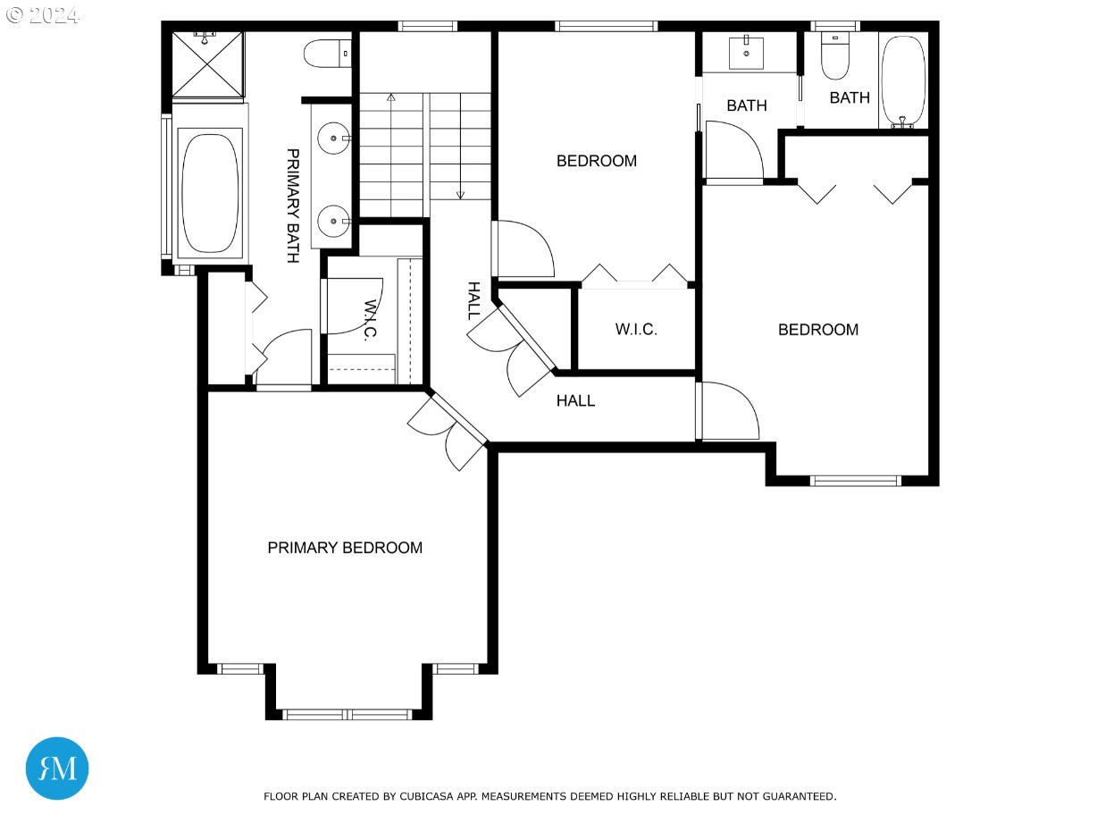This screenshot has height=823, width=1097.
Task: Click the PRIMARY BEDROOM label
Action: [x=345, y=548]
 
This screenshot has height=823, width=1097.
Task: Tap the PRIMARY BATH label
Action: [x=293, y=206]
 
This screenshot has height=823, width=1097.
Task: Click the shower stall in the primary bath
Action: [x=208, y=64]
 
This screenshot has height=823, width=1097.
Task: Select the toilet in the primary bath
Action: [x=328, y=54]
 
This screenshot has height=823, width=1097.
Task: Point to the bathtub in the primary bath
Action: [x=210, y=193]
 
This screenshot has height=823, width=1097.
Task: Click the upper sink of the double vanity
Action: [x=333, y=138]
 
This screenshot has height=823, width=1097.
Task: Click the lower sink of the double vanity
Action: [x=333, y=221]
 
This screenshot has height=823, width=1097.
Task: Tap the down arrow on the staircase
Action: [x=460, y=146]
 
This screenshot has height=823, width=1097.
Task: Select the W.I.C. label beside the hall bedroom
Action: [x=636, y=330]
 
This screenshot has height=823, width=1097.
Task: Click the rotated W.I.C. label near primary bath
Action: [x=370, y=320]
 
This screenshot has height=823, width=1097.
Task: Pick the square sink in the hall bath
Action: [x=746, y=53]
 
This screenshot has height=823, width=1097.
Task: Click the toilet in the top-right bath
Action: [x=835, y=55]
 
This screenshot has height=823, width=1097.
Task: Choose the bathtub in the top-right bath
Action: [x=903, y=80]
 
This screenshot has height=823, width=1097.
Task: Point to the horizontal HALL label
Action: [x=575, y=400]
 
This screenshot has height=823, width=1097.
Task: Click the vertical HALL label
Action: [x=473, y=300]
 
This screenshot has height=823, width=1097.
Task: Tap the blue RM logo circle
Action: [x=57, y=768]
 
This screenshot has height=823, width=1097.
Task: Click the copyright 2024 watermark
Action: [x=43, y=15]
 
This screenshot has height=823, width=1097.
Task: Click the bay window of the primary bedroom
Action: [x=348, y=715]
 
